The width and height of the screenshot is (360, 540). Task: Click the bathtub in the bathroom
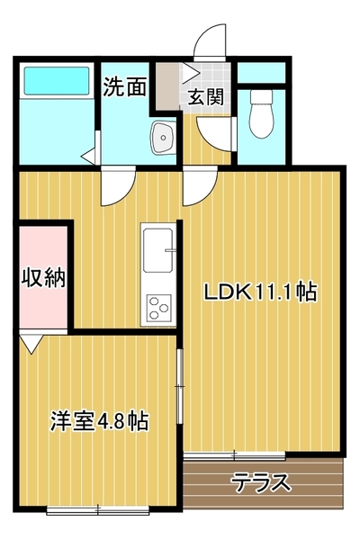tap(57, 80)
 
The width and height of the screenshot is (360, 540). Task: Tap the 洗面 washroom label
tap(125, 86)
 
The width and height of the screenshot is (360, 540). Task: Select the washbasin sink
tap(162, 138)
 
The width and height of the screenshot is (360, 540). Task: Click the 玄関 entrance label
tap(206, 96)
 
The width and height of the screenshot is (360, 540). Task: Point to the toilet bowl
tap(262, 113)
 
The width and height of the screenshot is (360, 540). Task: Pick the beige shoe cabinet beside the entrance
tap(167, 85)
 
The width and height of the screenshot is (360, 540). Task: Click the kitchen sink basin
tap(158, 250)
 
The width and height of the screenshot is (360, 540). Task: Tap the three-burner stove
tap(158, 308)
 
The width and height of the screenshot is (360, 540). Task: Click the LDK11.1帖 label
tap(260, 292)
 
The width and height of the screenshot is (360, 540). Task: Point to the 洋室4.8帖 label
tap(100, 421)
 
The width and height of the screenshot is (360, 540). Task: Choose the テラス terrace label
tap(262, 482)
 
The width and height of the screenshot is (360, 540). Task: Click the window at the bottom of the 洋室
tap(98, 510)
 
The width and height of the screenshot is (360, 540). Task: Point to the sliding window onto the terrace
tap(234, 455)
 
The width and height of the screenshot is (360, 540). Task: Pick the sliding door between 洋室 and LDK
tap(179, 386)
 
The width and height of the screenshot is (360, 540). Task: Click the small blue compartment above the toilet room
tap(262, 72)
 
